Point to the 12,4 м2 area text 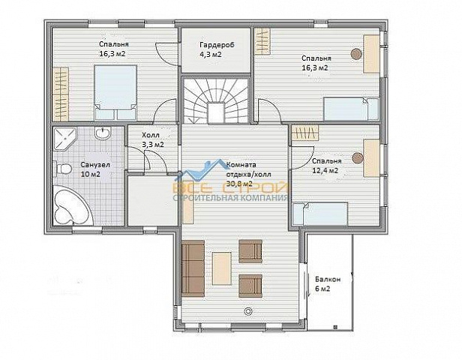pyautogui.click(x=325, y=170)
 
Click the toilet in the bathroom pyautogui.click(x=62, y=169)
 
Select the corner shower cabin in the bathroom pyautogui.click(x=64, y=139)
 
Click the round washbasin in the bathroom pyautogui.click(x=103, y=133)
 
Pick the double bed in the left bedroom pyautogui.click(x=115, y=92)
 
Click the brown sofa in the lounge pyautogui.click(x=193, y=268)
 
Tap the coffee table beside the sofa pyautogui.click(x=222, y=268)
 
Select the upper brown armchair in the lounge pyautogui.click(x=250, y=251)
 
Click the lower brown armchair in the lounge pyautogui.click(x=250, y=286)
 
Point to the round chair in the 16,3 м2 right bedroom pyautogui.click(x=356, y=53)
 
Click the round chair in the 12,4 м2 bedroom pyautogui.click(x=358, y=158)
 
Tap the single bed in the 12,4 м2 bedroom pyautogui.click(x=320, y=214)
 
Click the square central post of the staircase pyautogui.click(x=216, y=112)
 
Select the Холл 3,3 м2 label pyautogui.click(x=153, y=140)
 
